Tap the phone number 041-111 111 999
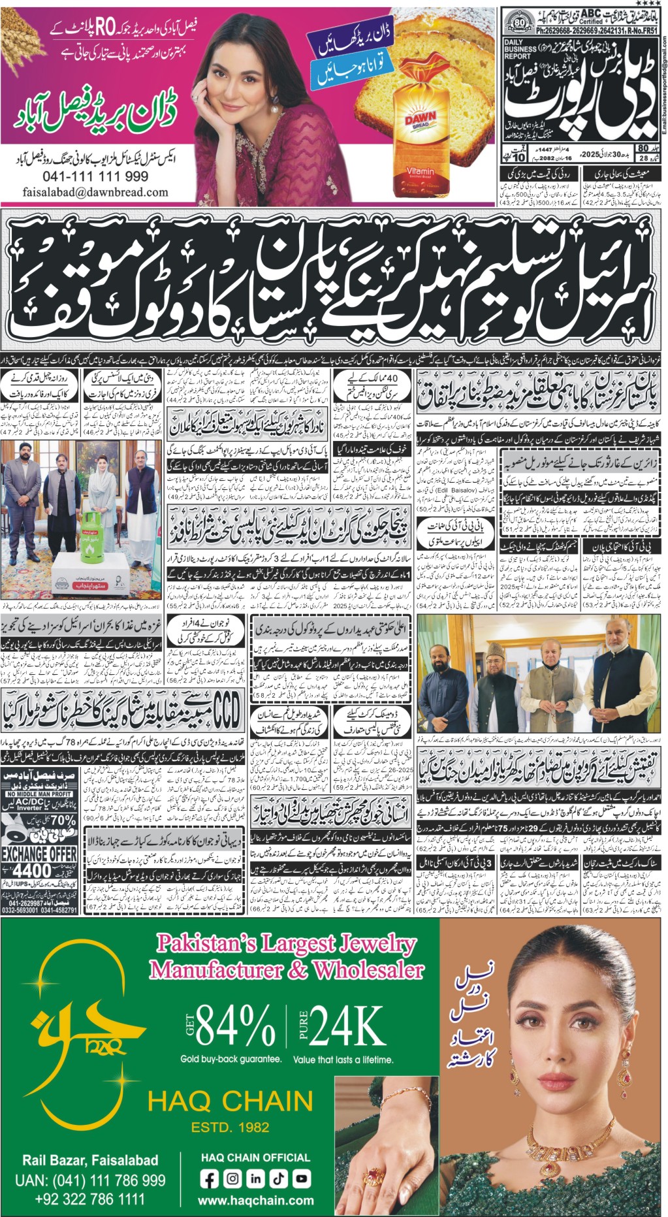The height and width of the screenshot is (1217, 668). click(x=95, y=176)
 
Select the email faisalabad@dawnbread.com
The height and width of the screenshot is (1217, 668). click(x=95, y=192)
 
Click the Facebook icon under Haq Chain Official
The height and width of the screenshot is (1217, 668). click(x=210, y=1178)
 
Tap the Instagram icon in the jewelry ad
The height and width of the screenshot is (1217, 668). click(x=232, y=1178)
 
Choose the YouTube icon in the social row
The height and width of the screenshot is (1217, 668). click(x=300, y=1178)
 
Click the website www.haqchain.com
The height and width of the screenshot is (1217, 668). click(x=255, y=1201)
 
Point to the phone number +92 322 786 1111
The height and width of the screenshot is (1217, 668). click(x=90, y=1199)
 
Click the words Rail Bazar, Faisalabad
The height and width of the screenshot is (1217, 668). click(x=90, y=1160)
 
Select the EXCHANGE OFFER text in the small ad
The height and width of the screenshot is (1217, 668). click(x=39, y=853)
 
